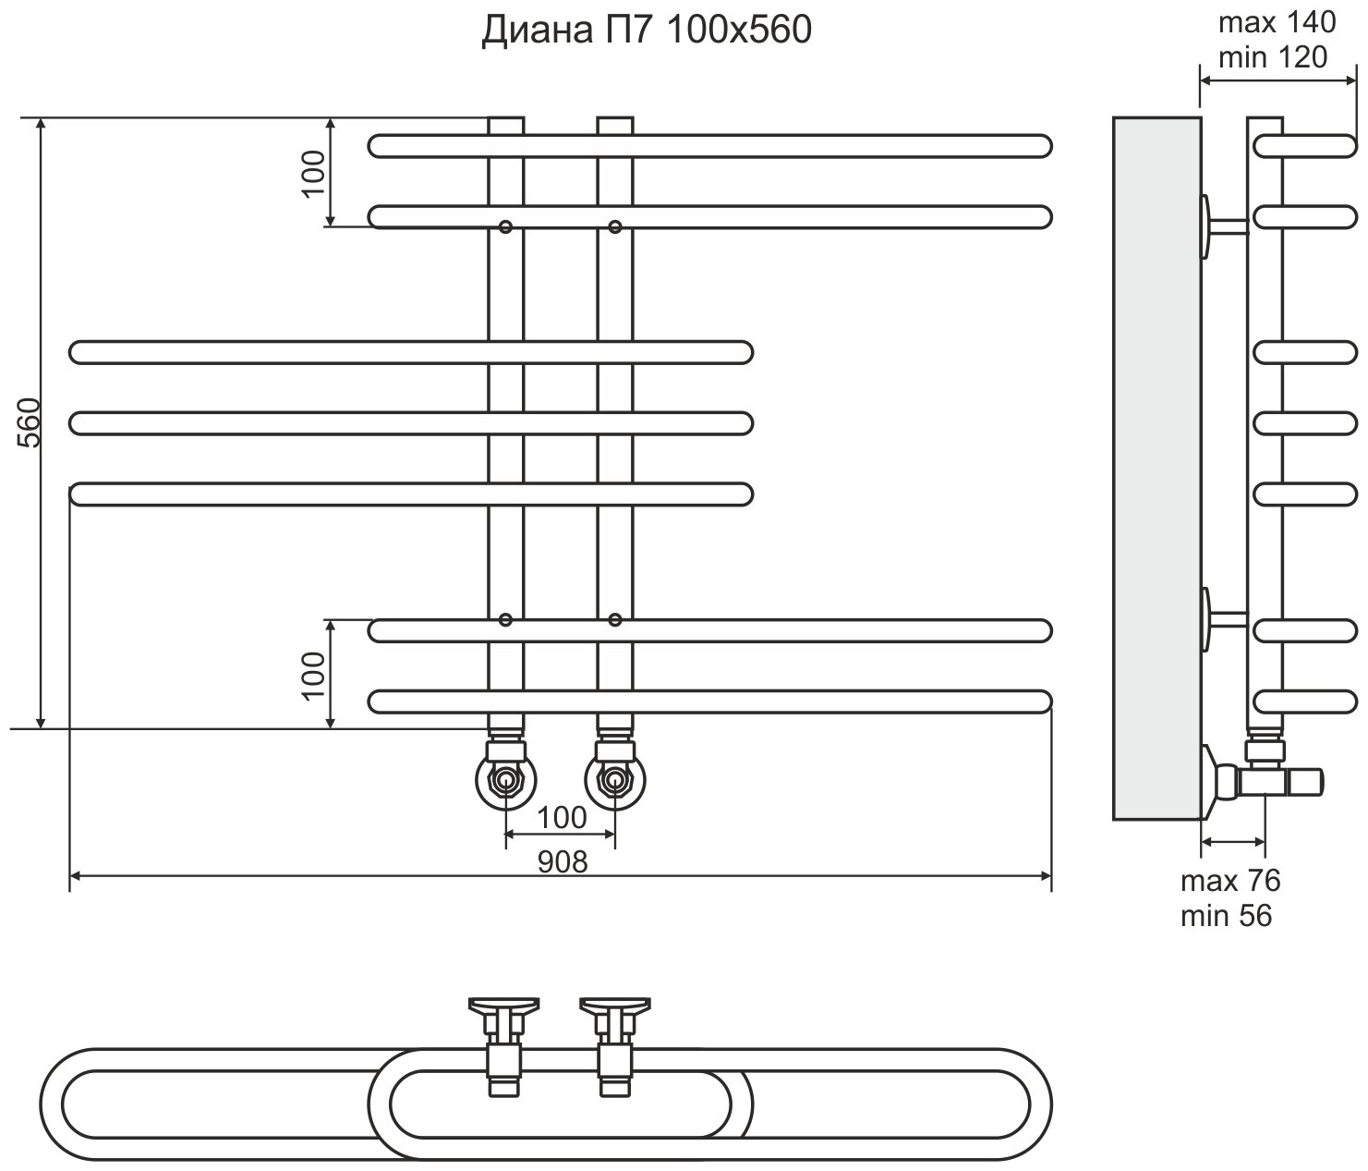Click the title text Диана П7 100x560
[646, 30]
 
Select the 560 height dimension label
[30, 422]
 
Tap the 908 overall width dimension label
[562, 861]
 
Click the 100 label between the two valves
[562, 817]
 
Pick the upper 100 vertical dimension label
[314, 172]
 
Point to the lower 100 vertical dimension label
[314, 674]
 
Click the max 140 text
[1277, 22]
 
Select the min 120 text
[1272, 57]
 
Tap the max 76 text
[1230, 881]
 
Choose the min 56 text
[1226, 916]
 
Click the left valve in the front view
[505, 781]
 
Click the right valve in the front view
[615, 781]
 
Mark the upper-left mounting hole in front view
[505, 226]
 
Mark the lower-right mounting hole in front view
[615, 619]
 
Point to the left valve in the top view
[504, 1044]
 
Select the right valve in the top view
[614, 1044]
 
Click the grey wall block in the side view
[1156, 469]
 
